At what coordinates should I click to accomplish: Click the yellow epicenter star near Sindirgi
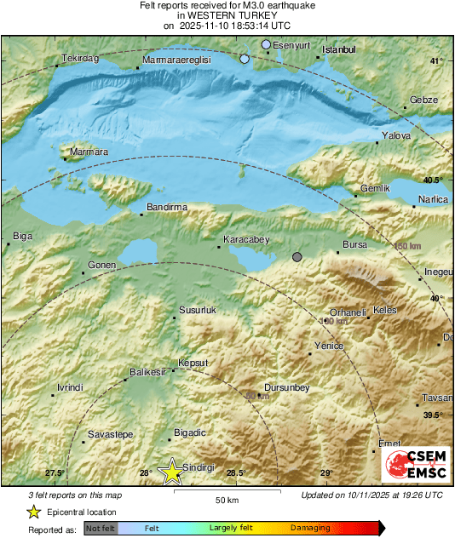point(172,471)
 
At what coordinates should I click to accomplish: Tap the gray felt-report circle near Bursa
point(297,257)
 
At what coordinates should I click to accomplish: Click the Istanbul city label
point(340,50)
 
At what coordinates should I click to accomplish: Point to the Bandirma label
point(167,207)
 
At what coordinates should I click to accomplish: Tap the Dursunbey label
point(286,388)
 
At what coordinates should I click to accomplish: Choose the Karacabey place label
point(245,241)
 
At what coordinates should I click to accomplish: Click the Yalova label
point(397,136)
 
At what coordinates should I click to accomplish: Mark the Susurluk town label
point(198,311)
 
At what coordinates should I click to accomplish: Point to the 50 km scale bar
point(226,491)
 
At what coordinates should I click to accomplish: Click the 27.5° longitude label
point(55,473)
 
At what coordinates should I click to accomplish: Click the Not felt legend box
point(101,529)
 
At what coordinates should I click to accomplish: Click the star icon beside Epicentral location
point(33,512)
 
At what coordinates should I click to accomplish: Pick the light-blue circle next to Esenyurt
point(266,44)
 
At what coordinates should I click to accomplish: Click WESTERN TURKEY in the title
point(227,15)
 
